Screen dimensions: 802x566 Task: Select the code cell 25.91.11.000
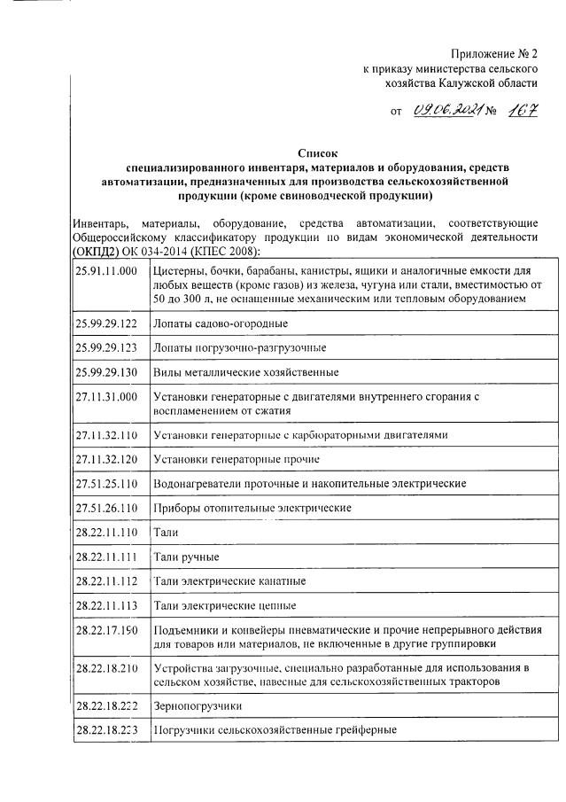pos(106,269)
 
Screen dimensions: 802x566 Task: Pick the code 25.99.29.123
pos(106,347)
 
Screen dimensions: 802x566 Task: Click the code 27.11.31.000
pos(106,397)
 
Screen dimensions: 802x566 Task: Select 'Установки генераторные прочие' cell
pos(236,459)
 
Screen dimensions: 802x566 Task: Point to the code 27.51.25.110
pos(106,483)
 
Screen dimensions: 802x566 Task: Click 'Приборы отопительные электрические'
pos(252,508)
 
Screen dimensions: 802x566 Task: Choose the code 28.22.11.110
pos(106,533)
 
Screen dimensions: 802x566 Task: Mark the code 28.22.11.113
pos(106,606)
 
